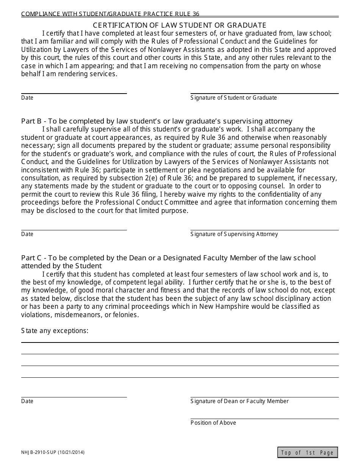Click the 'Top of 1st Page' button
307,452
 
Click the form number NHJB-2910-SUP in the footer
37,452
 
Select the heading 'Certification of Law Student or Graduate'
180,25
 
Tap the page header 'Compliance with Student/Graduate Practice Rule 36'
110,14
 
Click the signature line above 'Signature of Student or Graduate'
264,93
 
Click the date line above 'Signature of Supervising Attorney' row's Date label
74,229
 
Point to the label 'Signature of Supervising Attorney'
234,234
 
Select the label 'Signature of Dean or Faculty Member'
239,401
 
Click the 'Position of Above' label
213,423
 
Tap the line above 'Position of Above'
264,418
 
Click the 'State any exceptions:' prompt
55,331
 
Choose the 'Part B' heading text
157,121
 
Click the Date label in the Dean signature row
27,401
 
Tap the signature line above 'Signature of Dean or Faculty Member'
264,397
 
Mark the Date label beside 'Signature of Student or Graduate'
27,98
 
